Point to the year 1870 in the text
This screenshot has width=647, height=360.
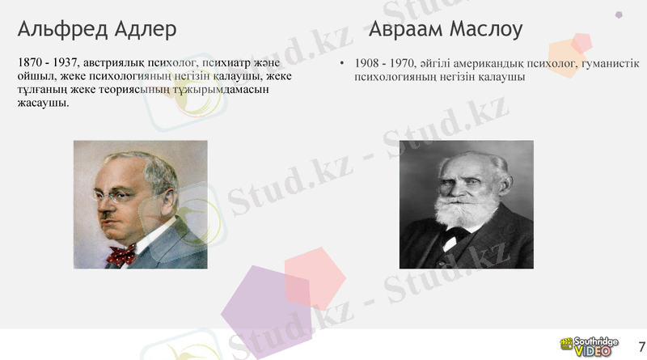(x=30, y=62)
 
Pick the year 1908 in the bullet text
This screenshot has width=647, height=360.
(x=368, y=64)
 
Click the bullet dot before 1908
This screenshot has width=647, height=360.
(x=342, y=64)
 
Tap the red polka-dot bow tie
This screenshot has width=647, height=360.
(x=121, y=256)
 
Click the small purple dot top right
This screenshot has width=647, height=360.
(x=619, y=14)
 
